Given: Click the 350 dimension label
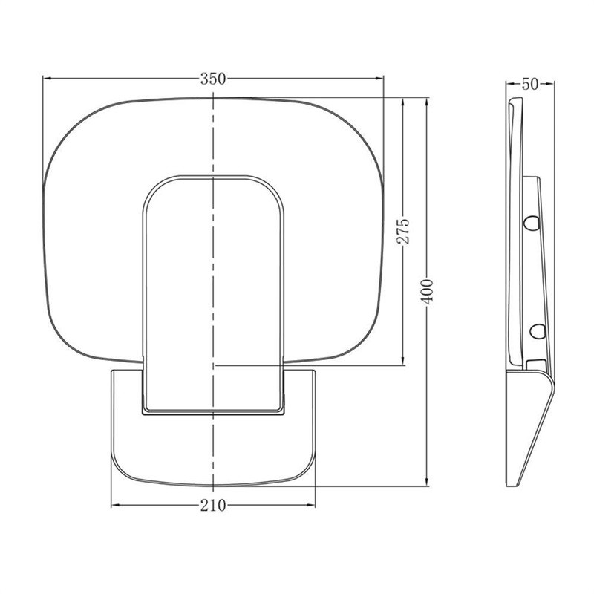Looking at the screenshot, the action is click(213, 79).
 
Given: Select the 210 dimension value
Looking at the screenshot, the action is click(213, 506).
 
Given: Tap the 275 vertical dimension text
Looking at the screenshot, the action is click(403, 231).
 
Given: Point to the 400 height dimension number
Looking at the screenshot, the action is click(427, 291).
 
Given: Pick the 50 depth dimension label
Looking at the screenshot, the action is click(530, 84).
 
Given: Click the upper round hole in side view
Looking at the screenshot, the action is click(532, 222).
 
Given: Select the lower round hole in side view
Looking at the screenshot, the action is click(538, 331).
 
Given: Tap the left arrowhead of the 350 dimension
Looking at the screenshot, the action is click(47, 79).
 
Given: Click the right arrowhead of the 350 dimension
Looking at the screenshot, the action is click(379, 79).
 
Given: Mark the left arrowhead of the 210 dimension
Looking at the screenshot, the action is click(116, 505).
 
